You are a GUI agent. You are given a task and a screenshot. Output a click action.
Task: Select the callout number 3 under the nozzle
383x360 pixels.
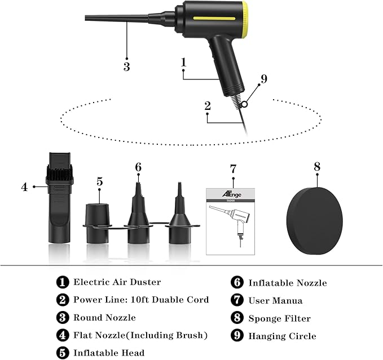126,66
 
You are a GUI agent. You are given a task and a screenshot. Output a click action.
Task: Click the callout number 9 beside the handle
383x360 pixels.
264,79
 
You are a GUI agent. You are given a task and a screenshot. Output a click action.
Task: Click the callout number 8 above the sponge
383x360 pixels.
316,166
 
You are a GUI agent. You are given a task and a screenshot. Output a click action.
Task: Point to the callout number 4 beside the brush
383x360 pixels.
24,186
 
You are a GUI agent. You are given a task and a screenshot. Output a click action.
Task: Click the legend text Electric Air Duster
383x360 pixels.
117,282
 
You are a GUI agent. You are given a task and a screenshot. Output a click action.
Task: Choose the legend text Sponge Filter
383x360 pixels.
279,318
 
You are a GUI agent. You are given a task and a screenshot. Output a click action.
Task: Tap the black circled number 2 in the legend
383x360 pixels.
63,300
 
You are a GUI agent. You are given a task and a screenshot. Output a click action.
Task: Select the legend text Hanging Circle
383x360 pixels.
282,336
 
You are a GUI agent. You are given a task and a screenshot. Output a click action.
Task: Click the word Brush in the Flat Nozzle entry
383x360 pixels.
191,335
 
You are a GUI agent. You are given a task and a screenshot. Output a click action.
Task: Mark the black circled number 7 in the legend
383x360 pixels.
238,300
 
